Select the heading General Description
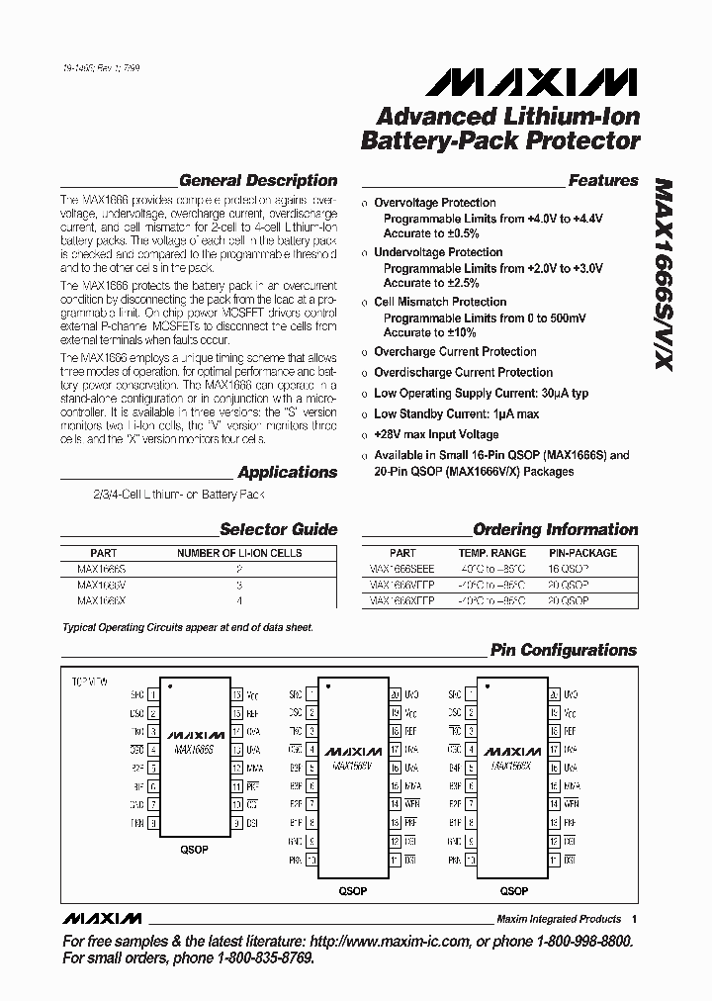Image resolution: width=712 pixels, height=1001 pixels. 258,181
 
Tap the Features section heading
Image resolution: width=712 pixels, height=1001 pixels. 603,181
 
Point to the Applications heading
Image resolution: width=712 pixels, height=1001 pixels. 288,473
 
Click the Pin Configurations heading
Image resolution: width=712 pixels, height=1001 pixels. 564,651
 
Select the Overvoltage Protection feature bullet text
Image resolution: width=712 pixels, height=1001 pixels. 434,203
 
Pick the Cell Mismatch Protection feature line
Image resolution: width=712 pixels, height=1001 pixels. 440,302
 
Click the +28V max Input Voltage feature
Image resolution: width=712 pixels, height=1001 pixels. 436,434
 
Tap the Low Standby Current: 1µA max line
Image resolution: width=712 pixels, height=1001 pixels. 456,413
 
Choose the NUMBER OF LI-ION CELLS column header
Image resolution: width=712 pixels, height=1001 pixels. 239,553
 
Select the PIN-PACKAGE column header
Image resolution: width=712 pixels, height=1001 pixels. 582,553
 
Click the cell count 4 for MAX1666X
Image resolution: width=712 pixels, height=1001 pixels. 239,600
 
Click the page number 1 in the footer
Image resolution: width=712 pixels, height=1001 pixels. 633,919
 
